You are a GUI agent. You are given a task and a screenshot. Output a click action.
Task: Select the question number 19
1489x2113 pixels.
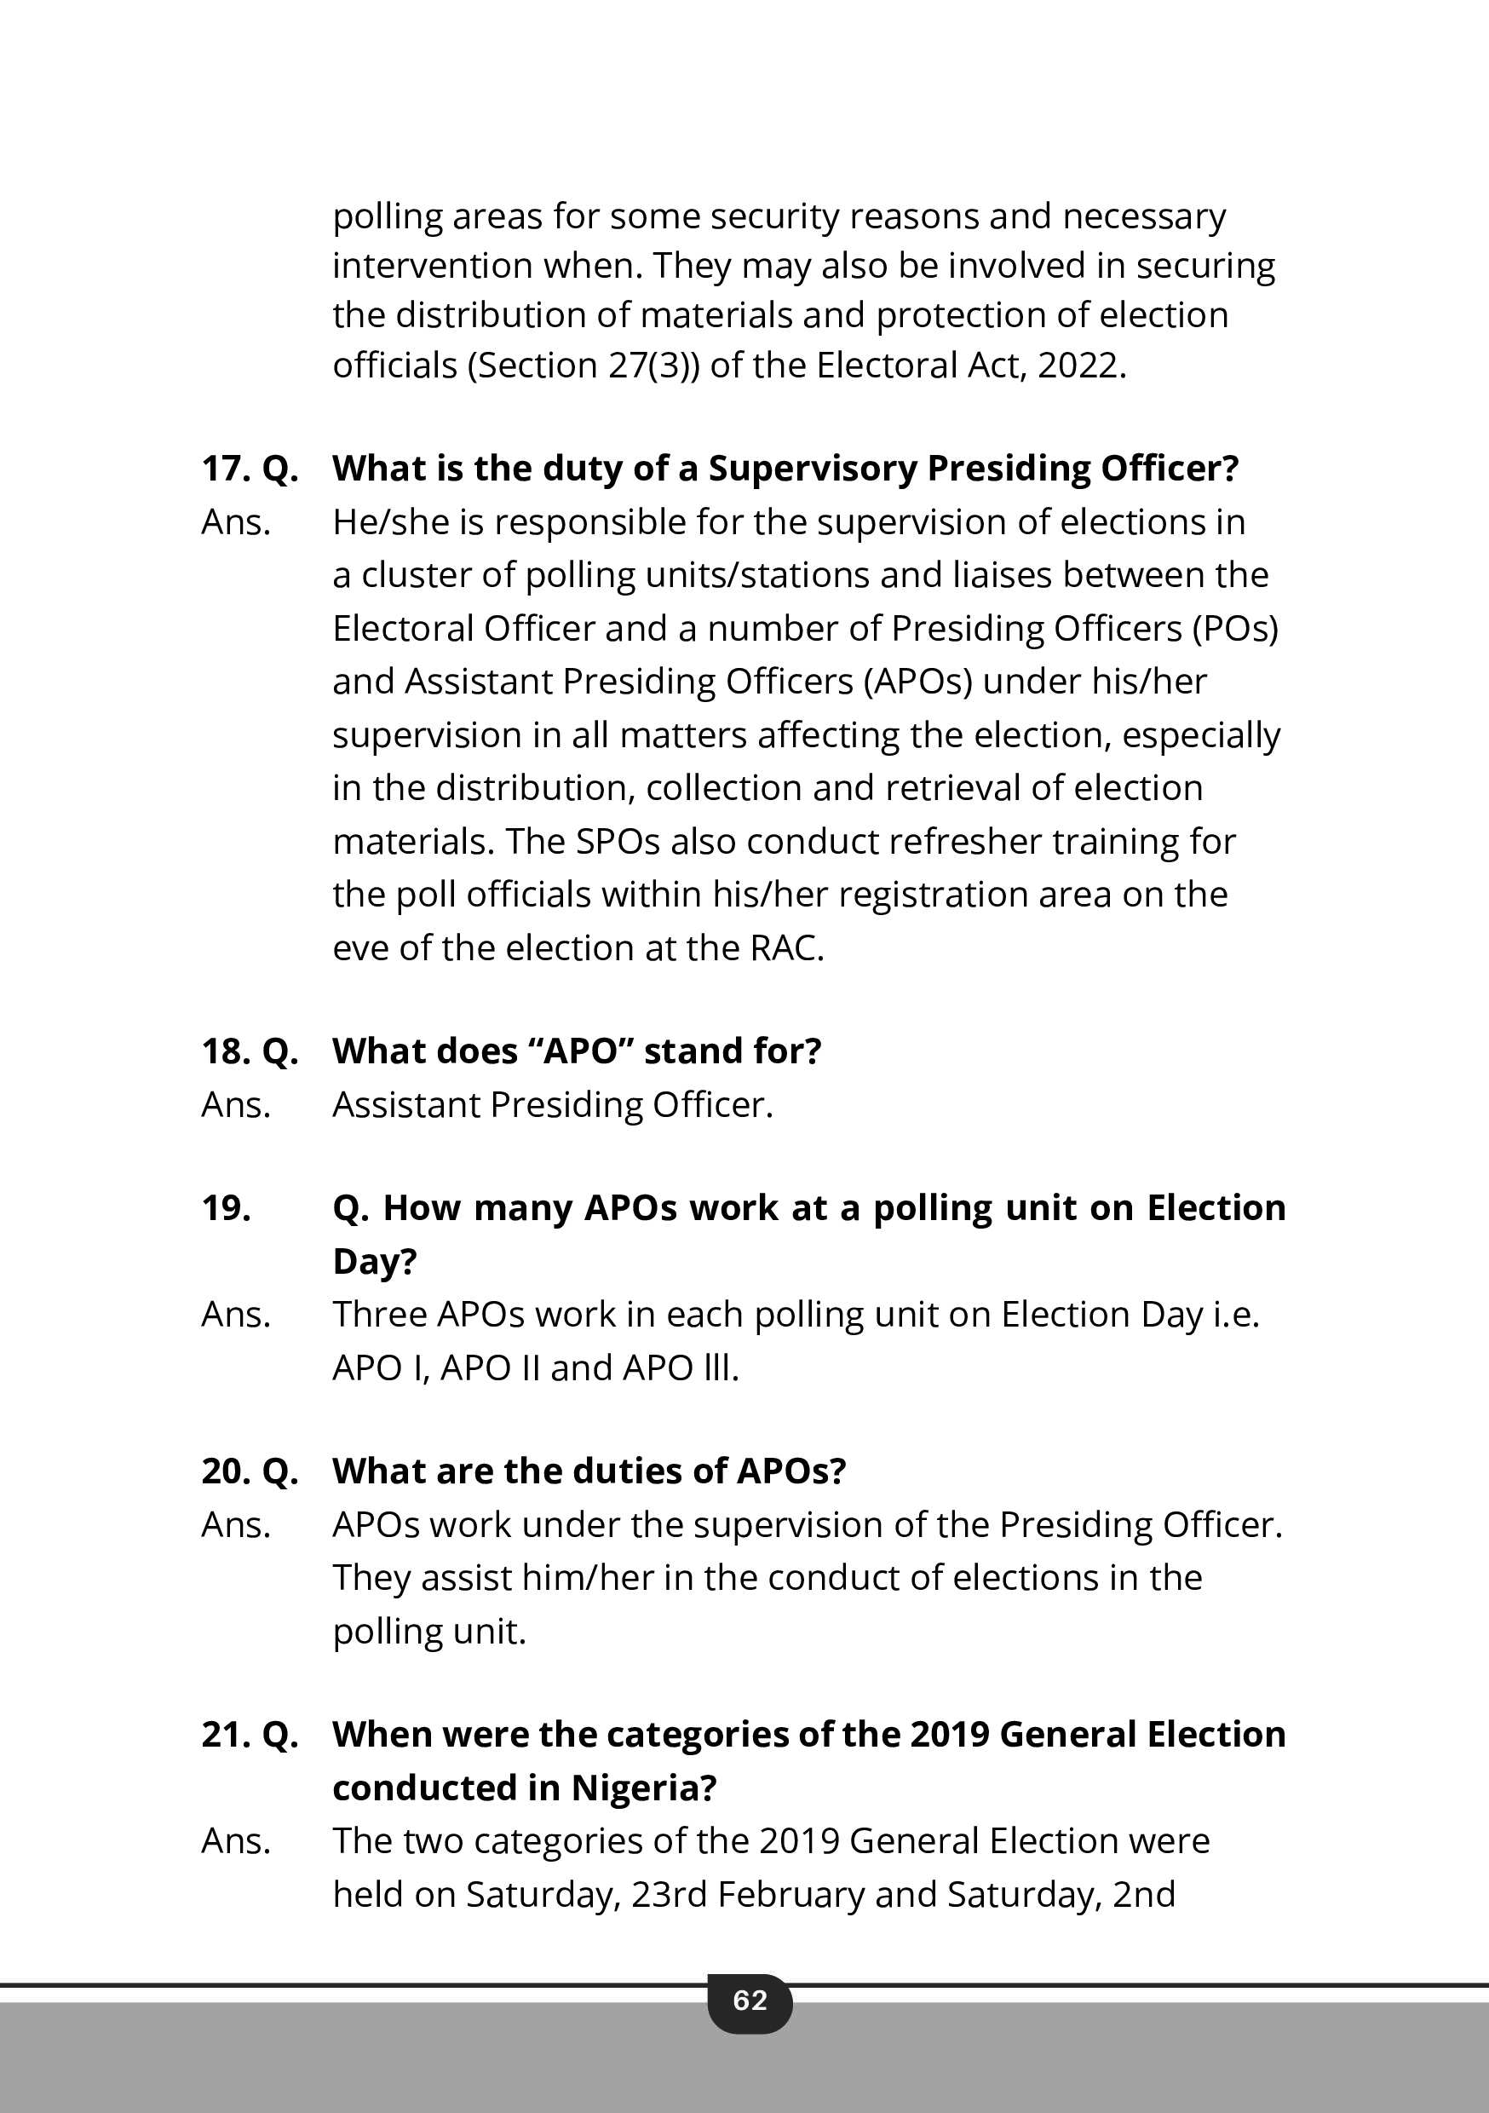point(226,1207)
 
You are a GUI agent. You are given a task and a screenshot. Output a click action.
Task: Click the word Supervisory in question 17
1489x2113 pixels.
point(812,469)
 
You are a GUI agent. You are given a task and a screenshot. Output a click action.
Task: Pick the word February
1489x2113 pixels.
point(791,1894)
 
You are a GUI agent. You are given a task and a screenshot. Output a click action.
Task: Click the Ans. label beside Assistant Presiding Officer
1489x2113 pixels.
point(237,1104)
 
